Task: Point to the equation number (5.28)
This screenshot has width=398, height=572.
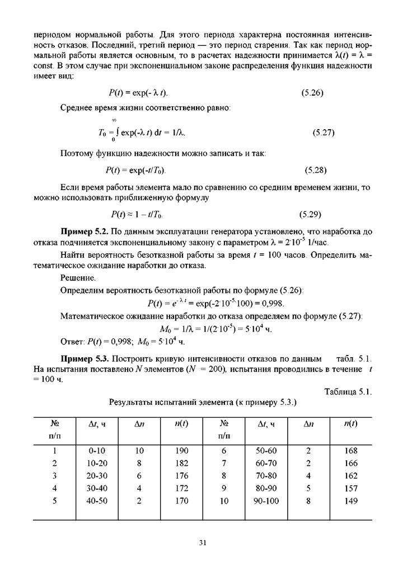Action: point(315,170)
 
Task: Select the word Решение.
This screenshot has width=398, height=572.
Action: point(78,277)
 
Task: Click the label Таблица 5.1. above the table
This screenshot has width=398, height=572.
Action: point(348,391)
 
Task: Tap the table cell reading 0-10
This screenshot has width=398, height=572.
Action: point(97,451)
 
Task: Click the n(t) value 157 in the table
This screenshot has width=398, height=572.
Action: point(351,489)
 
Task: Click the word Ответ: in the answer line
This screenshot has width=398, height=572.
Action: point(72,342)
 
